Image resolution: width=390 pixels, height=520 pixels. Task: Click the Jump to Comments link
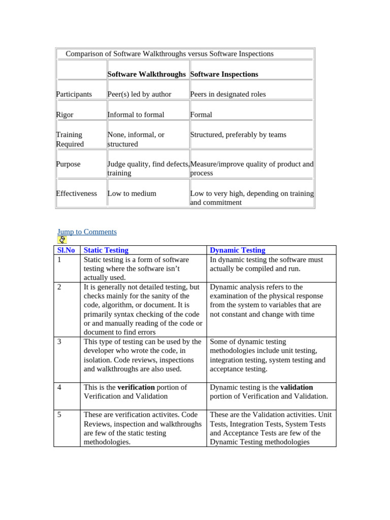tap(87, 232)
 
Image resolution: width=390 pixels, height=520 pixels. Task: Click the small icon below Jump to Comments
tap(62, 240)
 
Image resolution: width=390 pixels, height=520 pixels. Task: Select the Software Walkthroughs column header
tap(147, 74)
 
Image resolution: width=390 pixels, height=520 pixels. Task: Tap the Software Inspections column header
tap(224, 74)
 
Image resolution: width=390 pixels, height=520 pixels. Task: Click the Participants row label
tap(74, 94)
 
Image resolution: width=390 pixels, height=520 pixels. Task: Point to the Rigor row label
tap(65, 115)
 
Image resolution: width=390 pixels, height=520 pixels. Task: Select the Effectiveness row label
tap(76, 193)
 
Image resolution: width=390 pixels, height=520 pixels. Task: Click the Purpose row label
tap(69, 164)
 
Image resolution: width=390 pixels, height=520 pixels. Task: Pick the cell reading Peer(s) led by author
tap(140, 94)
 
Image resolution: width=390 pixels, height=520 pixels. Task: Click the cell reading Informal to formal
tap(136, 115)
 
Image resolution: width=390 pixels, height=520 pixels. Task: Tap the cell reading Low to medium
tap(132, 193)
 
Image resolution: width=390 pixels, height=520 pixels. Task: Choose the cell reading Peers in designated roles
tap(228, 94)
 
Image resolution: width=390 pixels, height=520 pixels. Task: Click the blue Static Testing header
tap(106, 250)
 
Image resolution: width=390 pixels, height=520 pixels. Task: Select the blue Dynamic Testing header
tap(238, 250)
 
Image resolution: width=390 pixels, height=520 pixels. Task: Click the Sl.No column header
tap(66, 250)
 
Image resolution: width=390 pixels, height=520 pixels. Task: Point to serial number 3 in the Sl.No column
tap(59, 342)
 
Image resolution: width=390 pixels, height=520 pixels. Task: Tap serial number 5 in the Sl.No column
tap(59, 415)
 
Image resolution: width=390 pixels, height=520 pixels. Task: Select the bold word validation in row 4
tap(297, 387)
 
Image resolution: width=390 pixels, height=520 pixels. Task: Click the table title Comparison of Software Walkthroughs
tap(170, 54)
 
